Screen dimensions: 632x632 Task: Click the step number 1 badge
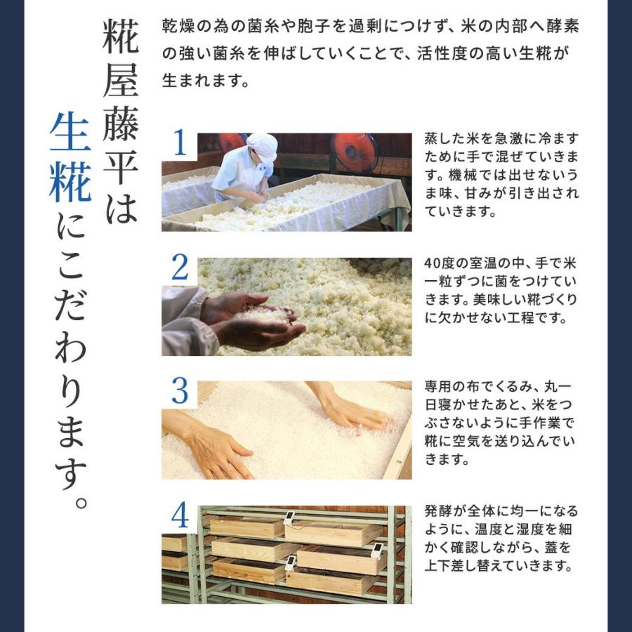[x=180, y=145]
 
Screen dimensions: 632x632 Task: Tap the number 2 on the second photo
[x=180, y=269]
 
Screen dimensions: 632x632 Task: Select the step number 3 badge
[x=180, y=393]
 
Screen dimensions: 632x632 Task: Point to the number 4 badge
[x=180, y=517]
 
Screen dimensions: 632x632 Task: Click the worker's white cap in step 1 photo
[x=262, y=146]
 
